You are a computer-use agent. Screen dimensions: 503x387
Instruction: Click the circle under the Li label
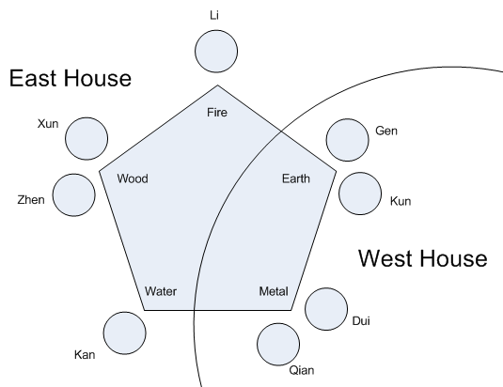click(x=216, y=52)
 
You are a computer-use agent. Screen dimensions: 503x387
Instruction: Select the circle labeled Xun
click(x=86, y=138)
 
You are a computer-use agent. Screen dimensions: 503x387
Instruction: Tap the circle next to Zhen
click(x=73, y=195)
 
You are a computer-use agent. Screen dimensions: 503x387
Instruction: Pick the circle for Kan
click(x=125, y=333)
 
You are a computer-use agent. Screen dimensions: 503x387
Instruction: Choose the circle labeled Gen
click(x=348, y=140)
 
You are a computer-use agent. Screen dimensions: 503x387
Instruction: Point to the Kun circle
click(x=360, y=193)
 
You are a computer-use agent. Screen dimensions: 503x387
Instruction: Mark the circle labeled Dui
click(x=326, y=309)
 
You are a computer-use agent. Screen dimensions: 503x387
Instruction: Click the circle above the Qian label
click(x=278, y=345)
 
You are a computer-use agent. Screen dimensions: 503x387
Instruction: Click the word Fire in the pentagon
click(x=217, y=113)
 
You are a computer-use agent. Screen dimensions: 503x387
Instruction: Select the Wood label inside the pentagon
click(x=133, y=178)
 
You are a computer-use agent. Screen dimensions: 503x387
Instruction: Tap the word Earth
click(x=296, y=178)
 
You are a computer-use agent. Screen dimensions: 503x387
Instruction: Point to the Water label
click(x=161, y=291)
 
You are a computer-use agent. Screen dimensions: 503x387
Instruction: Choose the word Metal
click(x=274, y=291)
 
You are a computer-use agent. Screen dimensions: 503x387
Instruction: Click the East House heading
click(x=71, y=78)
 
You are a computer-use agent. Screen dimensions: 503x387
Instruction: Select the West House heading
click(x=423, y=258)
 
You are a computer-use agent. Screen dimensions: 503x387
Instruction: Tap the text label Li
click(x=214, y=15)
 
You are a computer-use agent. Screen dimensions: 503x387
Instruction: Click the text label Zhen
click(x=31, y=200)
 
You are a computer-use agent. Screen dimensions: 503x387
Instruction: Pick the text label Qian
click(x=302, y=370)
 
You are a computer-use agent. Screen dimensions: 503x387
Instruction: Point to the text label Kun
click(x=401, y=201)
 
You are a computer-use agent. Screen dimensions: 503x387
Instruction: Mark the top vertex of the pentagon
click(x=218, y=85)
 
